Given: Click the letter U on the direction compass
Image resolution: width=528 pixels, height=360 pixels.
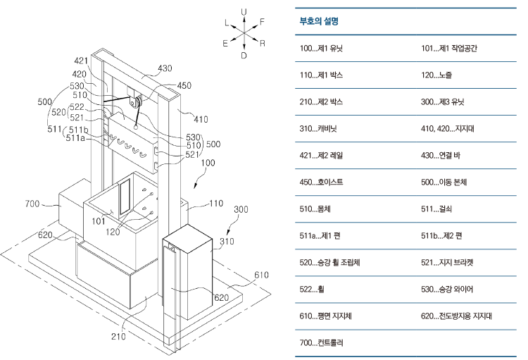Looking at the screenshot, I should coord(244,11).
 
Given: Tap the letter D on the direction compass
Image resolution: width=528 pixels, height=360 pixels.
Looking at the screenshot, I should coord(244,55).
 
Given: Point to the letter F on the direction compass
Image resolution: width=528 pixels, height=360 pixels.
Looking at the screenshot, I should coord(262,22).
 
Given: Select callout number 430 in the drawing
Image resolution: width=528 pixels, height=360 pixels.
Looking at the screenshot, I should coord(165,68).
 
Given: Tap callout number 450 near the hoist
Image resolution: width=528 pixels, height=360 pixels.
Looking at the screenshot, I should coord(184,85).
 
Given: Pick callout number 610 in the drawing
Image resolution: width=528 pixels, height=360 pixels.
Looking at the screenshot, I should coord(260,275).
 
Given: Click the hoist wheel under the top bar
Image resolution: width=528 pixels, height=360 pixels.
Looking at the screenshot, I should coord(136,103).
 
